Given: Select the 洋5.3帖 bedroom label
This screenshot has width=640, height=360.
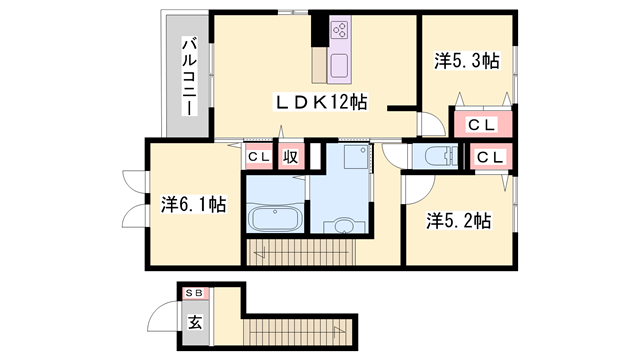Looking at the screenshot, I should (467, 60).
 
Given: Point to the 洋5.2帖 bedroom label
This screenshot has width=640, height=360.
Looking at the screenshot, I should (459, 219).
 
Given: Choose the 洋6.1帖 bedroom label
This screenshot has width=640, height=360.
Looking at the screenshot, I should (194, 204).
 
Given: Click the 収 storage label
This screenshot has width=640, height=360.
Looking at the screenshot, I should (291, 157).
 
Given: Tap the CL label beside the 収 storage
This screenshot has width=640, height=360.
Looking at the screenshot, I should (258, 157).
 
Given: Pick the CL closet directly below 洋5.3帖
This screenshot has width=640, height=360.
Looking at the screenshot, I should (482, 124).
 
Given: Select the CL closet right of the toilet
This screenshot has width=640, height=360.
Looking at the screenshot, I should (489, 157).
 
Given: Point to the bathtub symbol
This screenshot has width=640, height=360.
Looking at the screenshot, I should (275, 218).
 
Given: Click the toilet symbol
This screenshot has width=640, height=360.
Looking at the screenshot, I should (436, 156).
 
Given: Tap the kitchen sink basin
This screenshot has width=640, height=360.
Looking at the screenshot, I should (337, 67).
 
